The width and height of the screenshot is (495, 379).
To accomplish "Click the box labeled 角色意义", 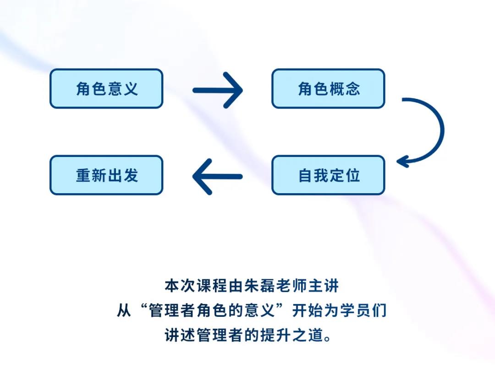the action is [106, 89].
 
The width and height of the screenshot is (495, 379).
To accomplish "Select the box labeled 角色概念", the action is [328, 89].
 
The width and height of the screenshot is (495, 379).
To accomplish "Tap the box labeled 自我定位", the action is [328, 175].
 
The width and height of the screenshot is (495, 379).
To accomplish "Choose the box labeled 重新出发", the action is [106, 175].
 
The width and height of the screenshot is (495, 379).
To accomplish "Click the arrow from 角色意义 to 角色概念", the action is [218, 91].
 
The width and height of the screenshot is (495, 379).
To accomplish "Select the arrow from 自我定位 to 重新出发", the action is [217, 177].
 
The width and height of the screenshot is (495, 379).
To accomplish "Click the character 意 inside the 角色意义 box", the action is [115, 89].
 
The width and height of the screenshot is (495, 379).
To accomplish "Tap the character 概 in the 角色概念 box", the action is [336, 89].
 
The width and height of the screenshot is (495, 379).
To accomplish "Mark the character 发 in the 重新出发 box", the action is [130, 175].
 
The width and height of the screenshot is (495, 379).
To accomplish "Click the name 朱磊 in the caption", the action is [259, 286].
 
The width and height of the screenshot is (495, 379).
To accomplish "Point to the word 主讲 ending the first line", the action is [323, 286].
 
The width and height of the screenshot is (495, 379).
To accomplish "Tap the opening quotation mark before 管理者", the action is [143, 307].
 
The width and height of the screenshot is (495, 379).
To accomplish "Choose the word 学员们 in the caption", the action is [363, 311].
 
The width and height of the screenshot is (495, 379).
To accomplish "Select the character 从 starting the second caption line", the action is [124, 311].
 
